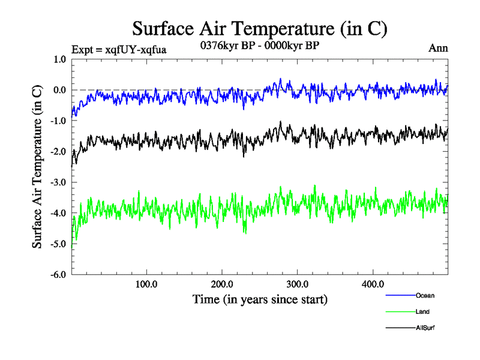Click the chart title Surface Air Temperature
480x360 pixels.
tap(260, 29)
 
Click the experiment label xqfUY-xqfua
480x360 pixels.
tap(118, 49)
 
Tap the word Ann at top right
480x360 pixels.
tap(439, 48)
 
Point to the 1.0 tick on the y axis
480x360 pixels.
tap(59, 59)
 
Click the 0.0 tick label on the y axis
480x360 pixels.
tap(59, 90)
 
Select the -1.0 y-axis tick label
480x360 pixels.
tap(58, 121)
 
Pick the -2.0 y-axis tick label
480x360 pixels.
tap(58, 152)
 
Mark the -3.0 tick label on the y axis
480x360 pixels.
tap(58, 182)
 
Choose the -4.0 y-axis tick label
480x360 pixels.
tap(58, 213)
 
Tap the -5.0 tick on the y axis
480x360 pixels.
tap(58, 244)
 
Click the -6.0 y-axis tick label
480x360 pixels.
tap(58, 275)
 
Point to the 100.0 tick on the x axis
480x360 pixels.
tap(147, 284)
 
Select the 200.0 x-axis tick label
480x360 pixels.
tap(223, 284)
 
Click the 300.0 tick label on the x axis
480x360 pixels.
tap(298, 284)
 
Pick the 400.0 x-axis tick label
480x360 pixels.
tap(373, 284)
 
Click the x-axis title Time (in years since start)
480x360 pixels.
tap(260, 299)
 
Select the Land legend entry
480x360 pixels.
tap(422, 312)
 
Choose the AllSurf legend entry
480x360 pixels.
tap(425, 328)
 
